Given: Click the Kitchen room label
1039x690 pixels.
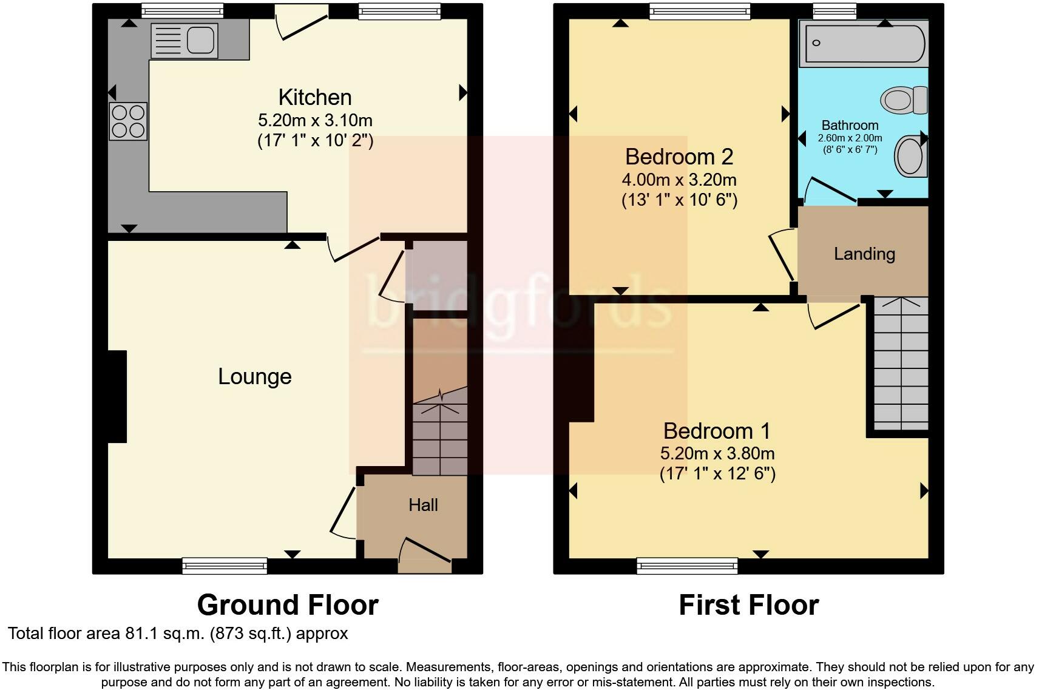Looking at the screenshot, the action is click(315, 97).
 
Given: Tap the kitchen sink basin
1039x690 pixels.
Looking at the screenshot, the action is click(201, 40).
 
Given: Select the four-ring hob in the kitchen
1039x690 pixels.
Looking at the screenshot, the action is click(128, 121).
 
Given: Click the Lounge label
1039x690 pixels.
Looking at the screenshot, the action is click(255, 376).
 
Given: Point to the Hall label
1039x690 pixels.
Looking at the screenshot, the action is click(423, 505).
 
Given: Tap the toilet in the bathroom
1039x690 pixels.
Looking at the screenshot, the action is click(904, 100).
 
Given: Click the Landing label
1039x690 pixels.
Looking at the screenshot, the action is click(864, 254).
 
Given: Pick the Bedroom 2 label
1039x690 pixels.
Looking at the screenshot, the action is click(679, 157).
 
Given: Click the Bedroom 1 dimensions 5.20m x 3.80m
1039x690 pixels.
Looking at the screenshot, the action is click(717, 453).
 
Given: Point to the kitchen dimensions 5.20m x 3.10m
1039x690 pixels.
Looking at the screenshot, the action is click(315, 121).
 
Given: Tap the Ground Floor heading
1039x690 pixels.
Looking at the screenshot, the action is click(288, 605).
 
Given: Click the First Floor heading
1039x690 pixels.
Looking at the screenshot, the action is click(749, 605).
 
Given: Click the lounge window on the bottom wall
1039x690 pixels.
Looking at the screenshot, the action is click(225, 566).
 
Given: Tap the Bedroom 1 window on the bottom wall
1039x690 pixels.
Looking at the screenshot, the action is click(687, 566).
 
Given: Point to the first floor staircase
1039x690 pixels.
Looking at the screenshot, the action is click(901, 364).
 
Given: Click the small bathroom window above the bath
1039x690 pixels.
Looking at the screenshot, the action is click(834, 11).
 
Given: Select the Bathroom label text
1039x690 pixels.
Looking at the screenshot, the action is click(850, 125).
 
